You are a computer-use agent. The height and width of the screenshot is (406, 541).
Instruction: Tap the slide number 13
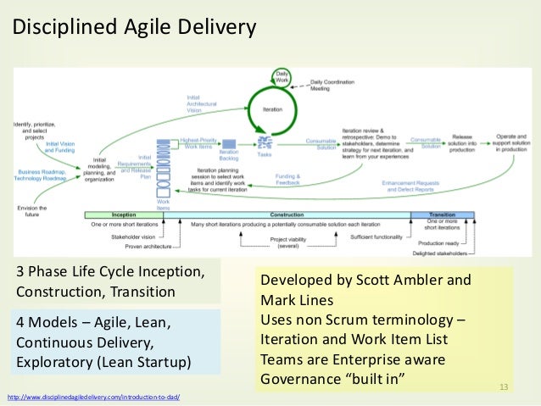coord(506,388)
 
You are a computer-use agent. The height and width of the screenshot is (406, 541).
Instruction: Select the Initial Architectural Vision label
coord(201,103)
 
